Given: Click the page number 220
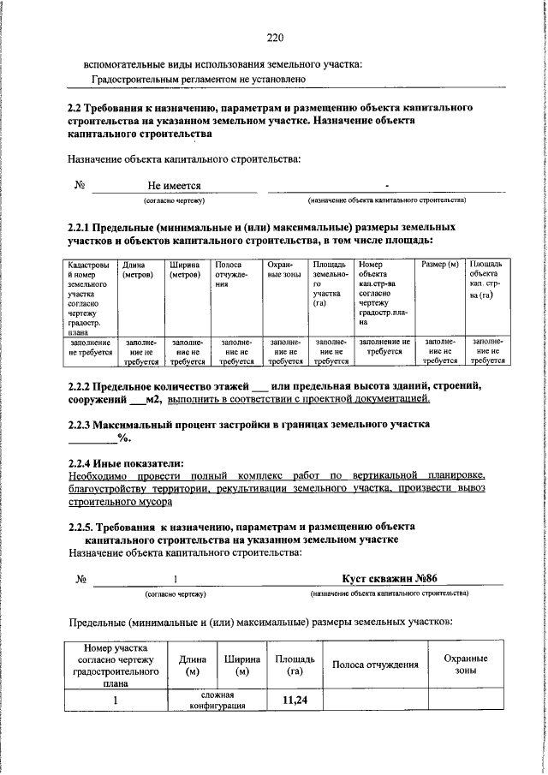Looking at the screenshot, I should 274,37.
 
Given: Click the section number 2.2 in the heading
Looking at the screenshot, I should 75,108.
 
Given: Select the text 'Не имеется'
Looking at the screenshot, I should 174,185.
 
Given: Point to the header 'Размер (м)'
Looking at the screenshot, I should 440,265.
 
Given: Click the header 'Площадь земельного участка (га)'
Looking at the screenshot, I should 327,284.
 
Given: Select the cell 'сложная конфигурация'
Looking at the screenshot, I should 218,701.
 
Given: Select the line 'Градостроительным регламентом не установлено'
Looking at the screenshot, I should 199,80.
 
